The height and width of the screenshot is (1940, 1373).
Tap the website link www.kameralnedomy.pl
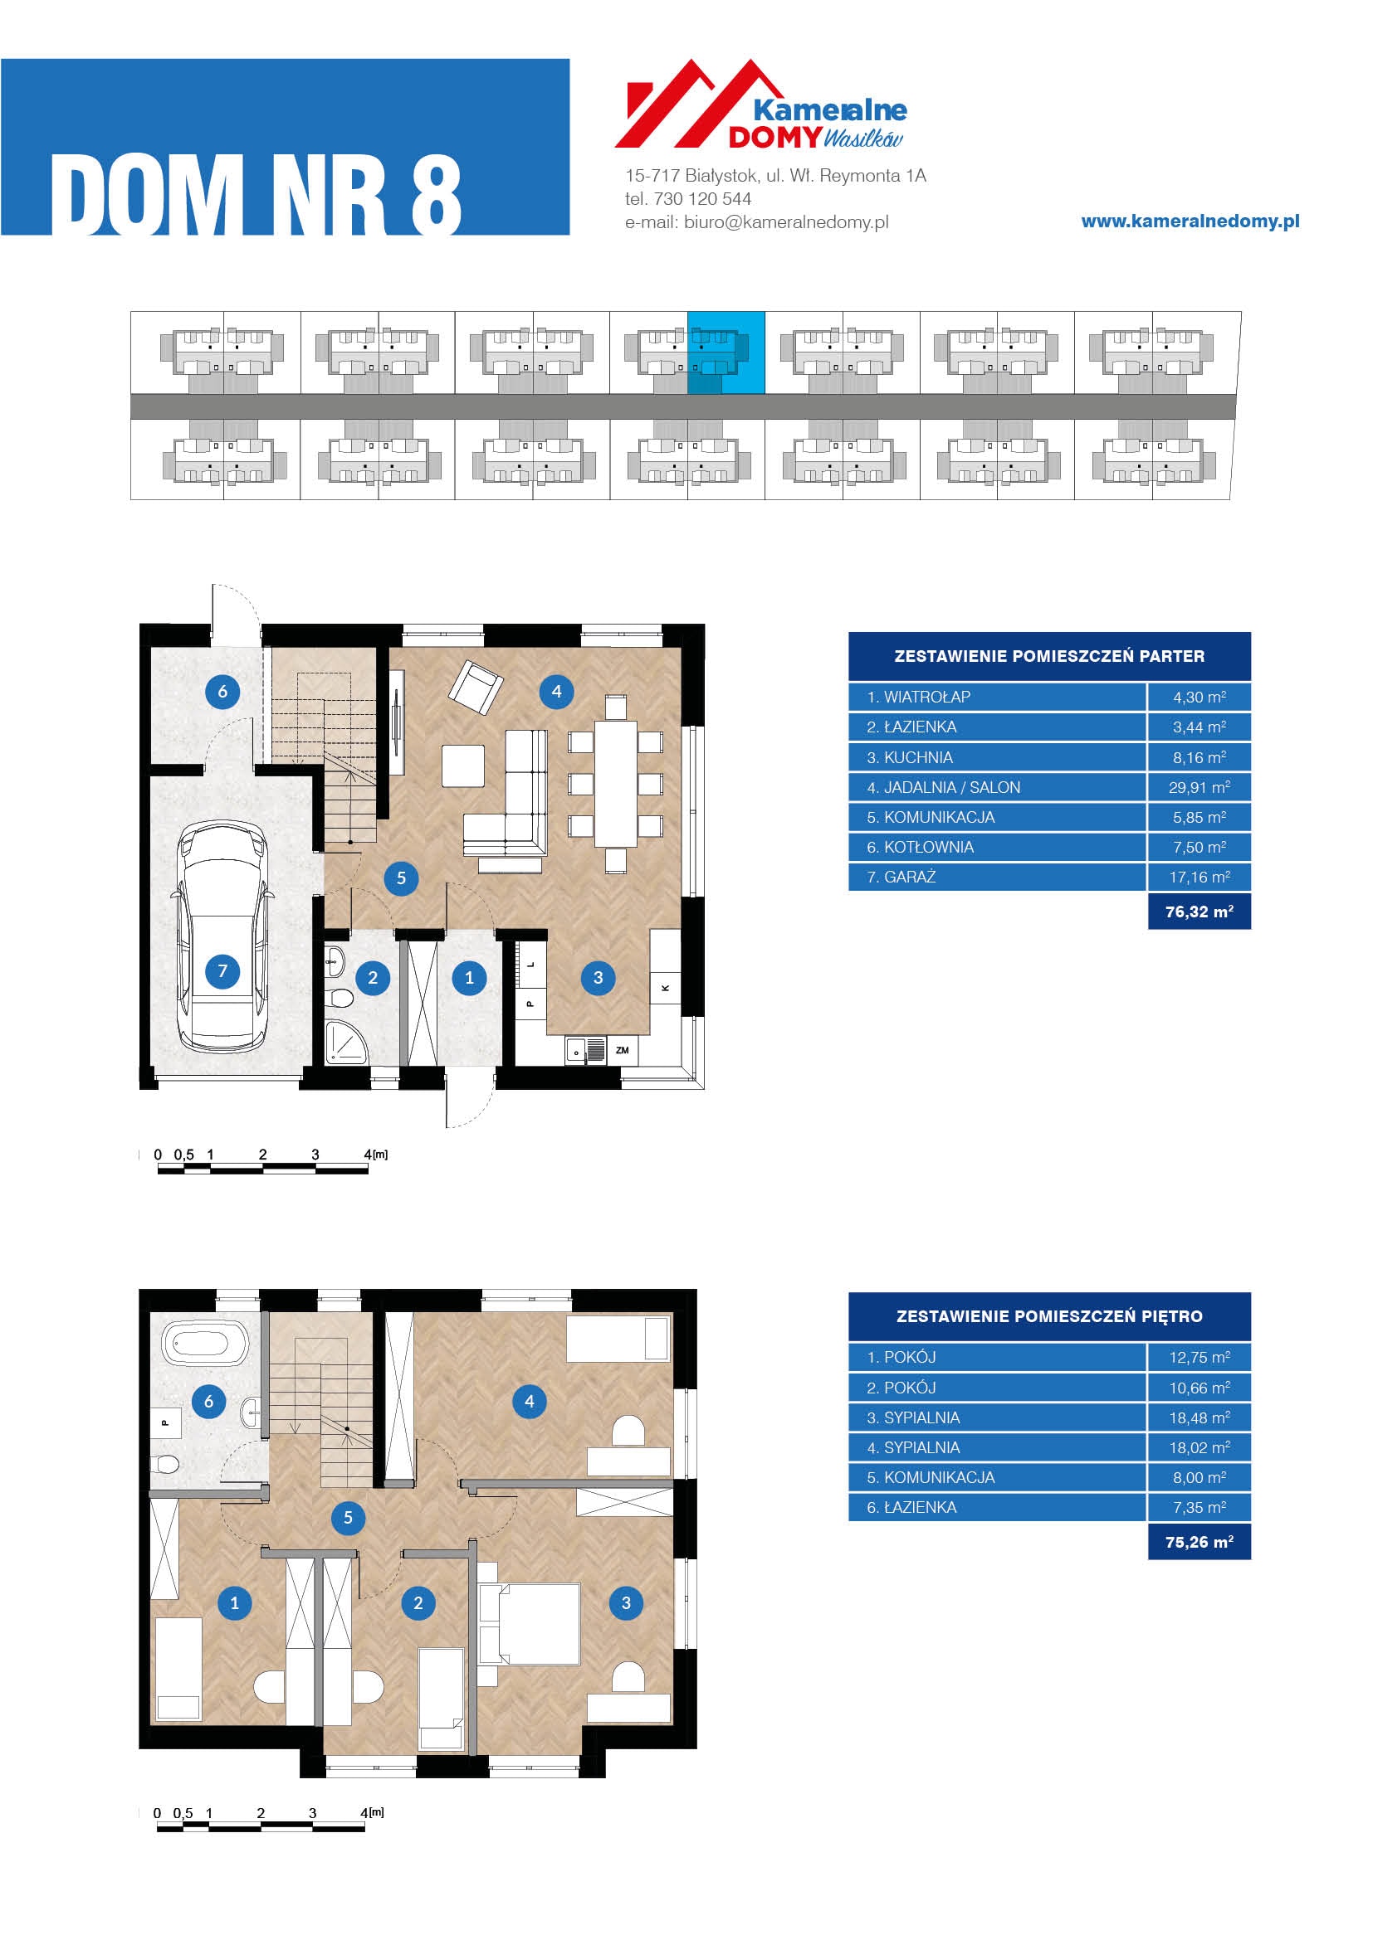[x=1190, y=221]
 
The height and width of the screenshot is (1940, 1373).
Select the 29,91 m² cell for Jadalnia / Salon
[x=1199, y=787]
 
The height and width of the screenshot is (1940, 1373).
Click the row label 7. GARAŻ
[x=901, y=877]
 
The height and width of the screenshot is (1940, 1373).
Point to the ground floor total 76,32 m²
[x=1199, y=912]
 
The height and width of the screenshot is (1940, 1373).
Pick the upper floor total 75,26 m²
[x=1199, y=1542]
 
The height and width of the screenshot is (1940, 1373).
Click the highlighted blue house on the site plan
[x=726, y=353]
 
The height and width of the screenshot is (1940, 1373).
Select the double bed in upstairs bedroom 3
[x=530, y=1624]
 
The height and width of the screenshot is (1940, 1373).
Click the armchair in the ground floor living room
[x=475, y=685]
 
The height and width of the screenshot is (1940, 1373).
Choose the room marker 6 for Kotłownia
[x=222, y=691]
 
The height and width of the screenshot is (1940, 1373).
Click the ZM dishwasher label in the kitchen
[x=623, y=1050]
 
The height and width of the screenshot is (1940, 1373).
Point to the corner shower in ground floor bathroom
[x=346, y=1043]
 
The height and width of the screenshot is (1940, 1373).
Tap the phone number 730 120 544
[x=701, y=199]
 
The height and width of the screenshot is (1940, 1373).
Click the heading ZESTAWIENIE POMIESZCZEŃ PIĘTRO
[x=1049, y=1316]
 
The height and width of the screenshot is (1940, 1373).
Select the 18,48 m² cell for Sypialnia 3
[x=1199, y=1417]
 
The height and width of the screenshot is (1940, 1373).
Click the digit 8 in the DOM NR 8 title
[x=436, y=196]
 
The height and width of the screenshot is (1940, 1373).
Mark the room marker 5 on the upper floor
[x=348, y=1518]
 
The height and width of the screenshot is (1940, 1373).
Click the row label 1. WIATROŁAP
[x=918, y=697]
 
